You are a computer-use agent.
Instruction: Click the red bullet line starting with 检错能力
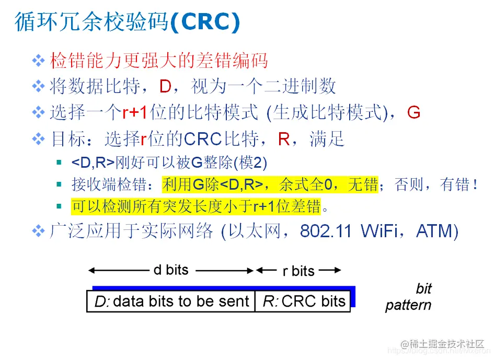point(159,61)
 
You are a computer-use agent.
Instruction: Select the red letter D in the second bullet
point(165,86)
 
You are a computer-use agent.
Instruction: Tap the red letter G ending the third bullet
point(413,112)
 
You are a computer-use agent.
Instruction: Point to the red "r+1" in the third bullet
point(130,112)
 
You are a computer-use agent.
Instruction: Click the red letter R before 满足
point(284,139)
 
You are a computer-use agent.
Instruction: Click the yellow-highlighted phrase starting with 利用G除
point(270,184)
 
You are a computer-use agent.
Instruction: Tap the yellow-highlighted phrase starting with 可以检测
point(196,207)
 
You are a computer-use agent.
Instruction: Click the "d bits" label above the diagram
point(170,270)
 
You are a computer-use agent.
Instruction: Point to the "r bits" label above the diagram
point(298,271)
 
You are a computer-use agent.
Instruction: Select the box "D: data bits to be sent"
point(171,301)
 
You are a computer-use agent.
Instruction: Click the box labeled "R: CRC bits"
point(303,301)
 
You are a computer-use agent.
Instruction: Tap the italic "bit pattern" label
point(409,297)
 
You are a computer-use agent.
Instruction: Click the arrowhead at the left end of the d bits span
point(90,270)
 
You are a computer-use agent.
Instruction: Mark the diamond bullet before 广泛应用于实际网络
point(39,231)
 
